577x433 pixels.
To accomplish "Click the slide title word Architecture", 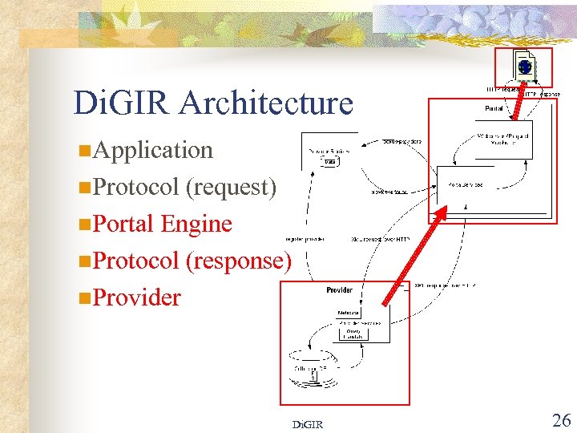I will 266,103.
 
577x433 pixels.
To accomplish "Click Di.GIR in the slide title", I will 122,103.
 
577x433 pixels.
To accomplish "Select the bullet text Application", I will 153,150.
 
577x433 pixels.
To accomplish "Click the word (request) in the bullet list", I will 231,187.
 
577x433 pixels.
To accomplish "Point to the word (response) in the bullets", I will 238,261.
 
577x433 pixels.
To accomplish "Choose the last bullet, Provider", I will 137,297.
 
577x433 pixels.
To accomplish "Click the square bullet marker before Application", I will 84,151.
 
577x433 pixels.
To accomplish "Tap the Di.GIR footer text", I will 307,423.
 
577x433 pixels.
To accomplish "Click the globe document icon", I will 523,67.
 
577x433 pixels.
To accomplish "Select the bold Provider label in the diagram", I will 339,290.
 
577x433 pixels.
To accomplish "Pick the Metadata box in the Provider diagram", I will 348,313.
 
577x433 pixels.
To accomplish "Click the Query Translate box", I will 353,333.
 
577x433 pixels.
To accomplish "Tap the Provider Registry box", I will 329,152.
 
